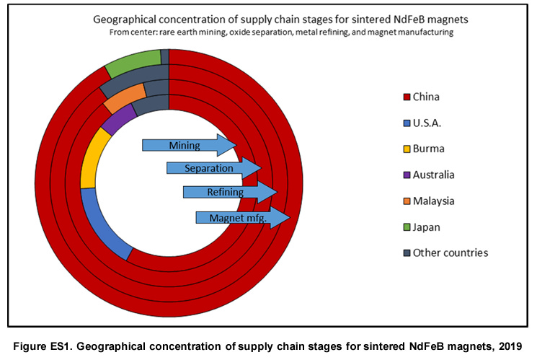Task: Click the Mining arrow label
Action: (185, 145)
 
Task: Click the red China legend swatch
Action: (407, 96)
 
